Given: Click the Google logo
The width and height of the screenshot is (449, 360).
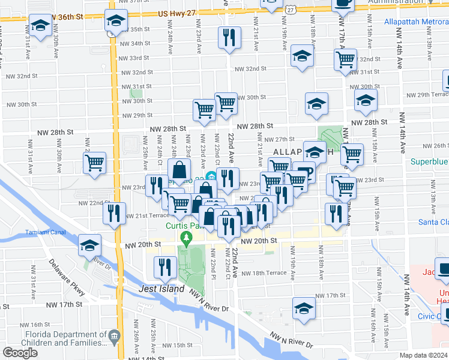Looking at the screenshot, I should (20, 353).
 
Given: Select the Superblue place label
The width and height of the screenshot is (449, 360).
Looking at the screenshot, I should (429, 161).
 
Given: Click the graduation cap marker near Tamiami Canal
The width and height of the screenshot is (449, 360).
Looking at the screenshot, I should (89, 245).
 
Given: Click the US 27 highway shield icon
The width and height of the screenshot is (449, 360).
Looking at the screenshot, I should (291, 8).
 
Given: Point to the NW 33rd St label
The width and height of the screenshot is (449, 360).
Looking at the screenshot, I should (134, 58).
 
